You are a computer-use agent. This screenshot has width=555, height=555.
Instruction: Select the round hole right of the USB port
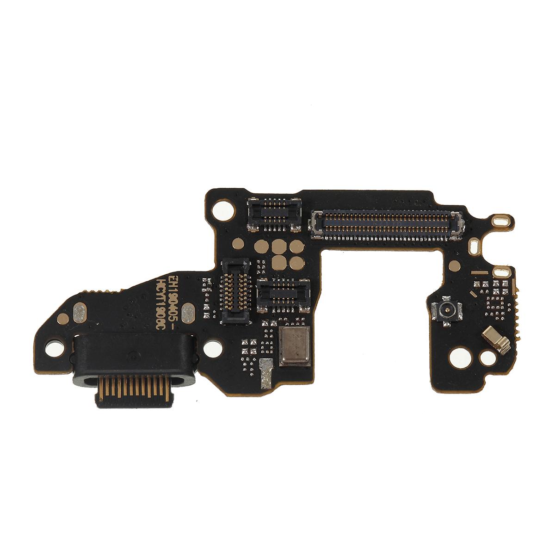point(212,346)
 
